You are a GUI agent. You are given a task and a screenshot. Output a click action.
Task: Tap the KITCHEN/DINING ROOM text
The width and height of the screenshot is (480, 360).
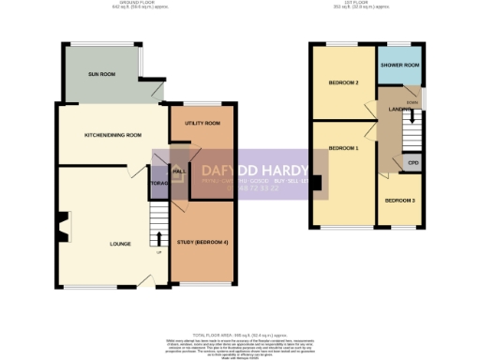tap(112, 135)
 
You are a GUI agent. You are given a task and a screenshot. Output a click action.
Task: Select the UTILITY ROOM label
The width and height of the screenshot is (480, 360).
tap(202, 124)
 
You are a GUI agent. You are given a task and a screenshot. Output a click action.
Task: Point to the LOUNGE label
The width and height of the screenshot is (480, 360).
tap(120, 244)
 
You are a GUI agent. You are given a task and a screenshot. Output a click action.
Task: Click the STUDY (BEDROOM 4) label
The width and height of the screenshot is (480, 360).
tap(202, 244)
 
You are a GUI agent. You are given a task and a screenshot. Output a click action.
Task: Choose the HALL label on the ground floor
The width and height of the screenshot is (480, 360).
tap(179, 171)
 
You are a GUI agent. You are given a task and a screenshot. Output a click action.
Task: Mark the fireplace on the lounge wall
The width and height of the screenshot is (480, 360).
tap(62, 227)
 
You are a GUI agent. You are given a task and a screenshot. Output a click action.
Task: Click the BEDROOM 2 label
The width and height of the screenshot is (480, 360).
tap(343, 83)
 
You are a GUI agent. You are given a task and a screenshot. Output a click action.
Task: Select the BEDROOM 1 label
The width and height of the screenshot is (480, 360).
tap(342, 148)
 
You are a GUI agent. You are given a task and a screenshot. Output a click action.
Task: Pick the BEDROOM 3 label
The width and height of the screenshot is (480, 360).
tap(400, 201)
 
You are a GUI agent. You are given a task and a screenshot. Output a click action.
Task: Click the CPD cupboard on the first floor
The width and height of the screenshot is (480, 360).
tap(412, 163)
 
